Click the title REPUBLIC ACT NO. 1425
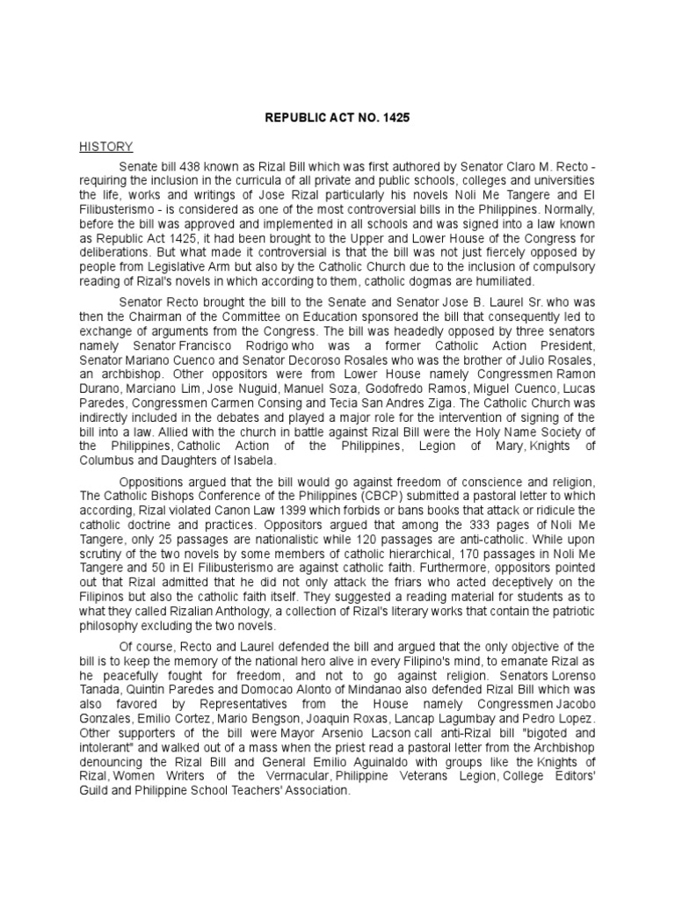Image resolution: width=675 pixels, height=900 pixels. tap(337, 116)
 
